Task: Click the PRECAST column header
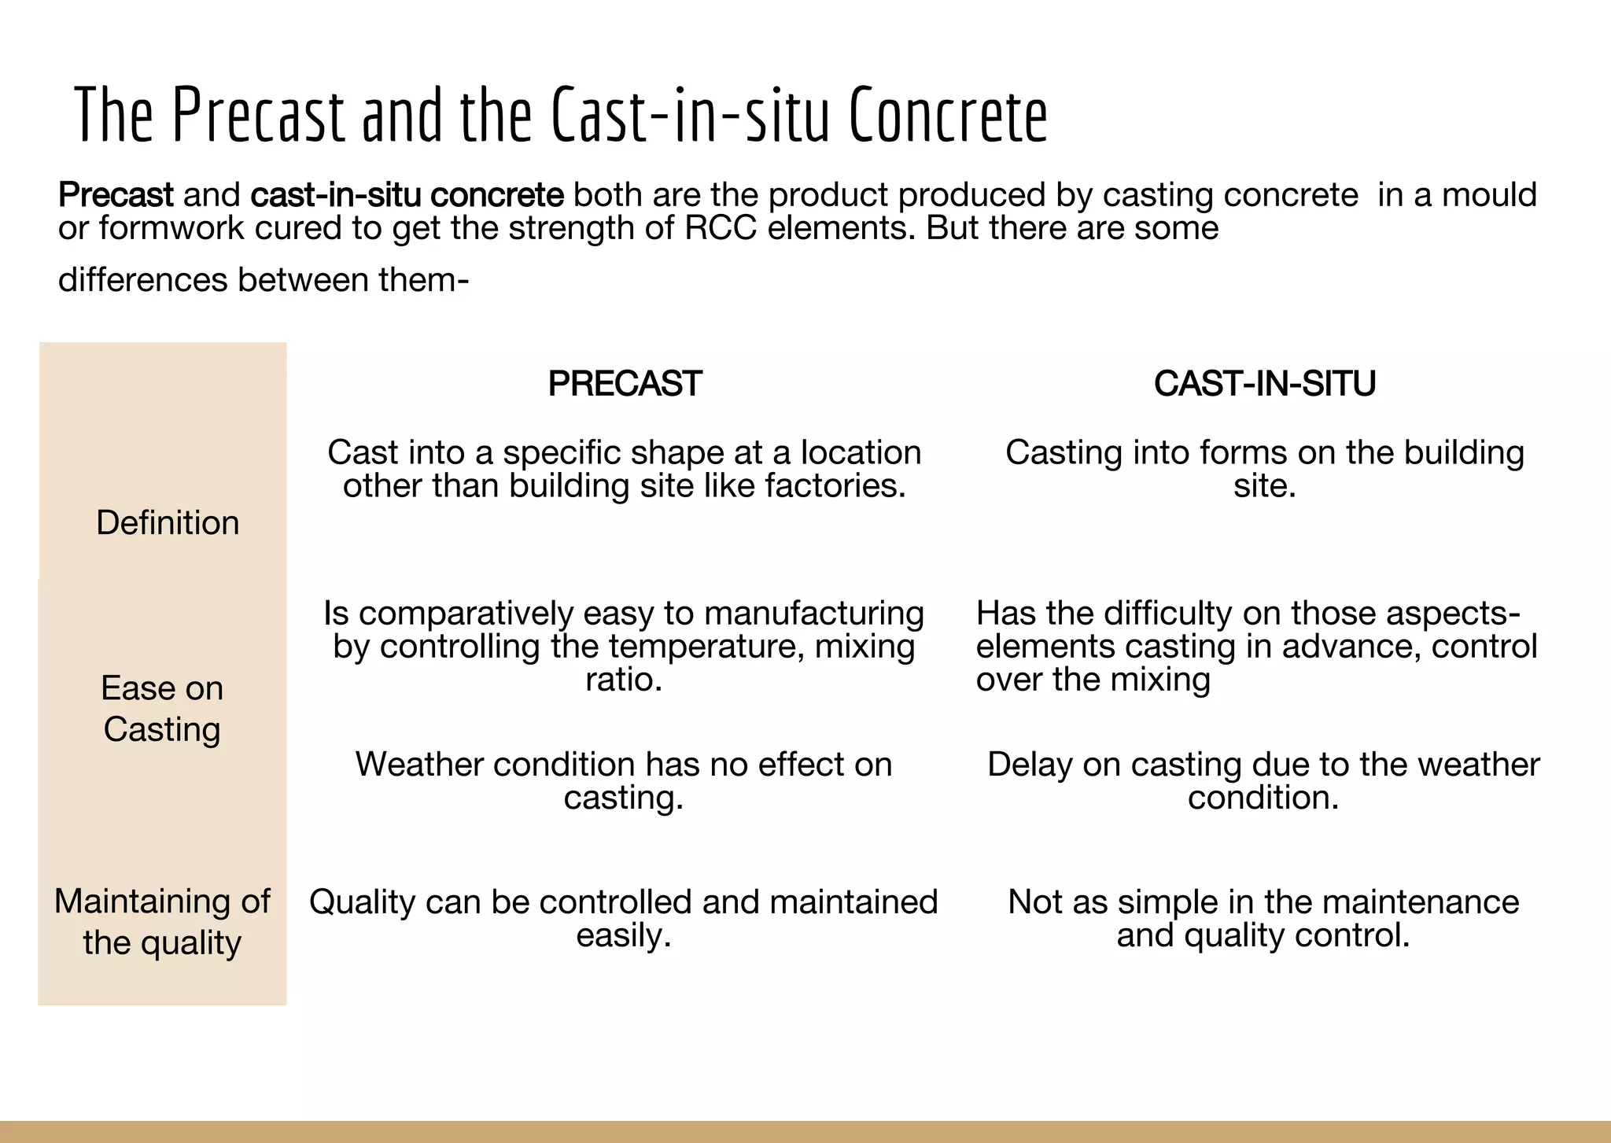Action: (x=625, y=384)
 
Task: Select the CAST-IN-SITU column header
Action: (x=1264, y=384)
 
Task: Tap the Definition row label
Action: (x=168, y=523)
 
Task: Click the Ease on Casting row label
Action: (x=162, y=709)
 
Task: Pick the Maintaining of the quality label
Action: (x=162, y=922)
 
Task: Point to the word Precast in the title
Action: (x=258, y=116)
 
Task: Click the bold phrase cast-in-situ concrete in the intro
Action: (x=407, y=195)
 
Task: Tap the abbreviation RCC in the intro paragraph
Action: (x=721, y=228)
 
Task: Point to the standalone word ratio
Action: (x=624, y=680)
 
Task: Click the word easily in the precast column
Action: (x=623, y=935)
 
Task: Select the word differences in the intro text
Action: (x=142, y=280)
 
